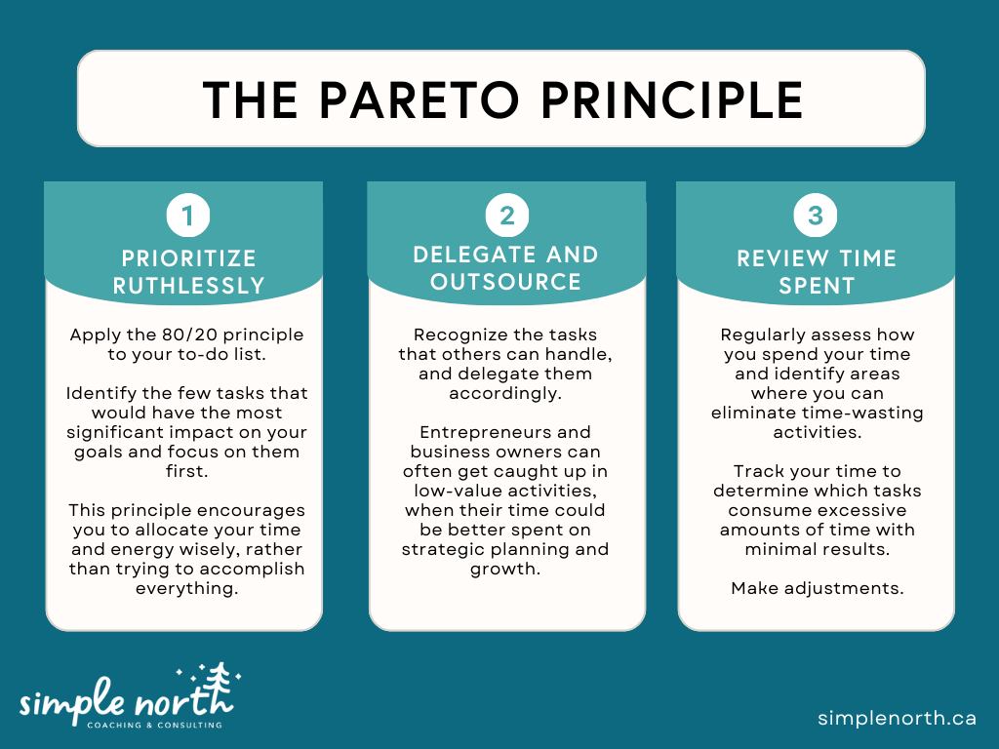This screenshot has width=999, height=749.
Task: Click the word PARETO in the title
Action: pyautogui.click(x=418, y=99)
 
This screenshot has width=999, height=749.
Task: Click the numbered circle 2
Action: pyautogui.click(x=507, y=216)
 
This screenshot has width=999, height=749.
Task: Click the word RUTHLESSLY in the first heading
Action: pyautogui.click(x=188, y=286)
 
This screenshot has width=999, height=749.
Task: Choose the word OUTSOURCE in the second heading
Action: pyautogui.click(x=506, y=282)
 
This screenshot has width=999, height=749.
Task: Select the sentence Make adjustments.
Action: pyautogui.click(x=816, y=588)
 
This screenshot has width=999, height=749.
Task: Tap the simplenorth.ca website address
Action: pyautogui.click(x=897, y=718)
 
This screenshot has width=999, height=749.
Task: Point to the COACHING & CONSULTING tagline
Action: pyautogui.click(x=154, y=725)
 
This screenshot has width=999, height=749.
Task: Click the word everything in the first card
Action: pyautogui.click(x=186, y=588)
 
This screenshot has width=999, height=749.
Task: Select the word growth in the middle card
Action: pyautogui.click(x=506, y=569)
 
